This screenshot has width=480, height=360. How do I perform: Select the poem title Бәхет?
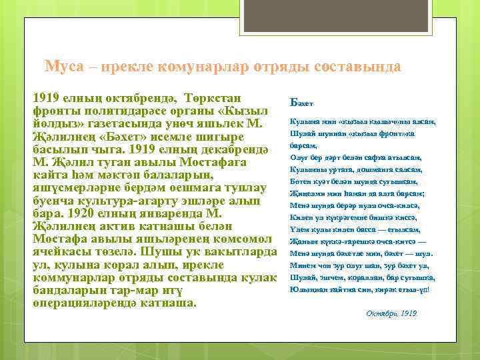click(x=302, y=102)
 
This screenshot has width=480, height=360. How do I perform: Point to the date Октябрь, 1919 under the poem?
click(x=391, y=313)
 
